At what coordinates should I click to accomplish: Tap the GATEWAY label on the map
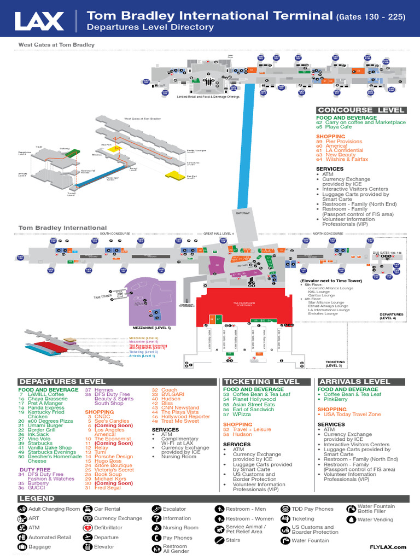click(x=242, y=213)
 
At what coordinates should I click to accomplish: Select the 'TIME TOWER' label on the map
click(x=102, y=297)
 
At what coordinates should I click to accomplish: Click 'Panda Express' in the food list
click(x=46, y=408)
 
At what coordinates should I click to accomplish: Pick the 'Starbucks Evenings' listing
click(x=52, y=452)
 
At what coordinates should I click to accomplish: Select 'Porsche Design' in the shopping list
click(x=113, y=457)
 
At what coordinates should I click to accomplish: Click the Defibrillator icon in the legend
click(x=87, y=528)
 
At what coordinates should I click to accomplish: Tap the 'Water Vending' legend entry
click(x=375, y=520)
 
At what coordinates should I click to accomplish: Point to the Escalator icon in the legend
click(x=156, y=509)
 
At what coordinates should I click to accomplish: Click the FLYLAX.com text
click(x=388, y=547)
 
